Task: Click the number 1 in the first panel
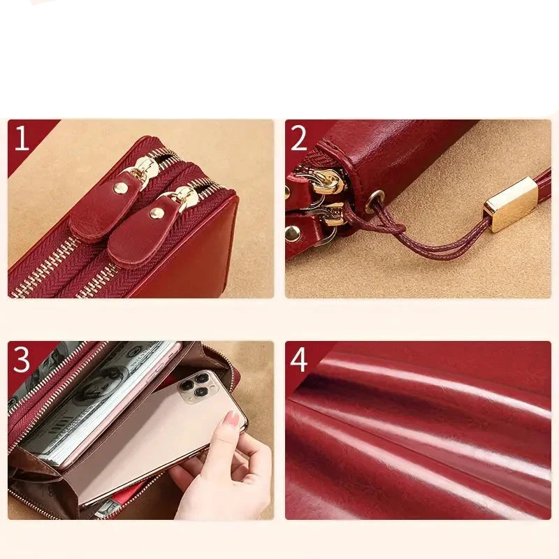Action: (22, 138)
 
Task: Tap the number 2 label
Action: (299, 138)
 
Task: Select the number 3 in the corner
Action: (22, 360)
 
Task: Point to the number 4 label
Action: (299, 360)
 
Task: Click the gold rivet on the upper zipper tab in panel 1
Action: (121, 187)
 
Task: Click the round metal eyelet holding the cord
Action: (375, 201)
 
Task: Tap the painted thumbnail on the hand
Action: (232, 419)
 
